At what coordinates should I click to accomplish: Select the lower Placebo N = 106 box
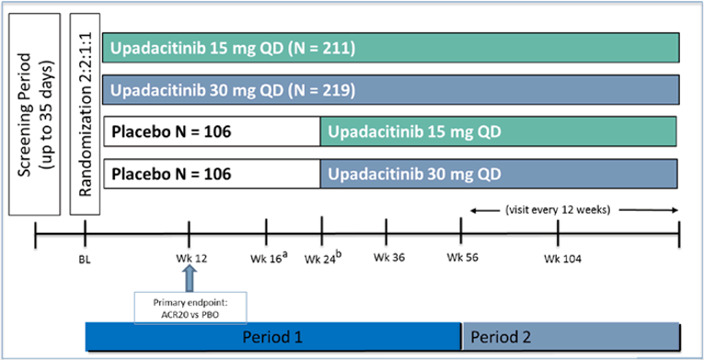click(212, 173)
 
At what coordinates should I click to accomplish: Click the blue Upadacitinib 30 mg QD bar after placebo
click(498, 173)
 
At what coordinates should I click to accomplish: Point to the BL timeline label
click(85, 259)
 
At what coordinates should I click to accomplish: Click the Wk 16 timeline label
click(266, 258)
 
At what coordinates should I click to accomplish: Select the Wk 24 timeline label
click(322, 258)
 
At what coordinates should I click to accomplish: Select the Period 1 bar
click(272, 337)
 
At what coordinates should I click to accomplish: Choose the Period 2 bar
click(570, 337)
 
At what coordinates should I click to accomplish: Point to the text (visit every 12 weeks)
click(570, 209)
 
